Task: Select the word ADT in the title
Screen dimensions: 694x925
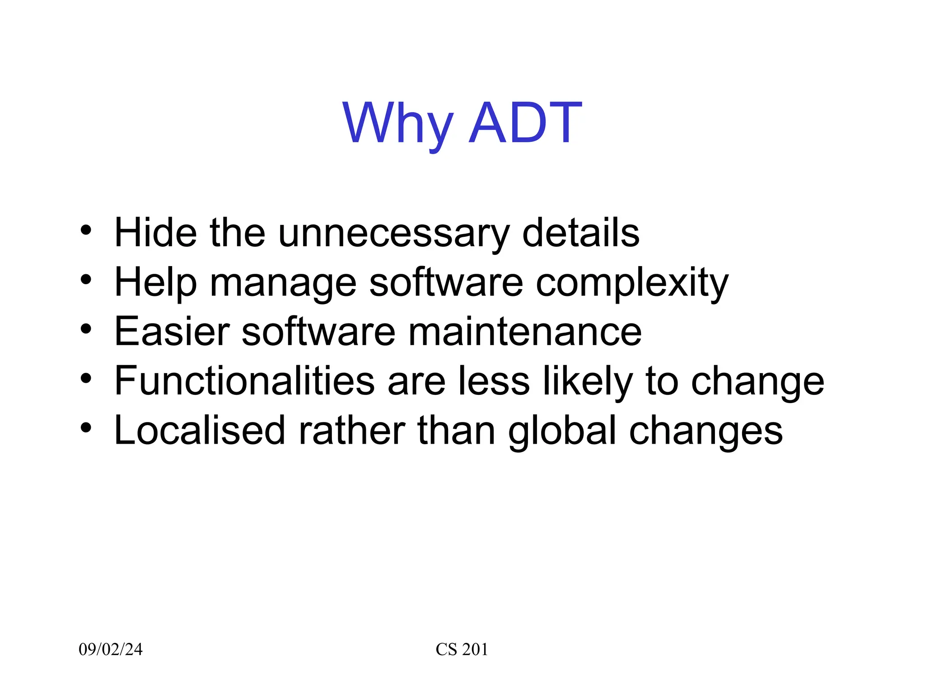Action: pos(525,123)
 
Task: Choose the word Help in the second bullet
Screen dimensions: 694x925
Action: pos(155,283)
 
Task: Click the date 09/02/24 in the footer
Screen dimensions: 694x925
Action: pos(111,649)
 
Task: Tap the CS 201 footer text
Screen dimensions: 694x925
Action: pos(462,649)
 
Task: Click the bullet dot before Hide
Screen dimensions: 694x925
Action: pos(86,230)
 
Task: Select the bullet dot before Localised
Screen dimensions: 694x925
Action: pos(86,427)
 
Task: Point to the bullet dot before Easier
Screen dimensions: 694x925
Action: pos(86,329)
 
